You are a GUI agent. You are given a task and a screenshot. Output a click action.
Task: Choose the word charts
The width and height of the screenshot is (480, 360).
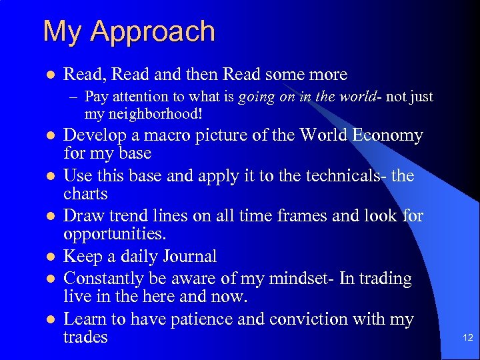click(85, 194)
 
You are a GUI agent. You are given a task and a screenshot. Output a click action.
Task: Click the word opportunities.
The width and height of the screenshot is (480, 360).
click(114, 235)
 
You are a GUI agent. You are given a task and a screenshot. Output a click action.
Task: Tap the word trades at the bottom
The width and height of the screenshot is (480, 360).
click(85, 337)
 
